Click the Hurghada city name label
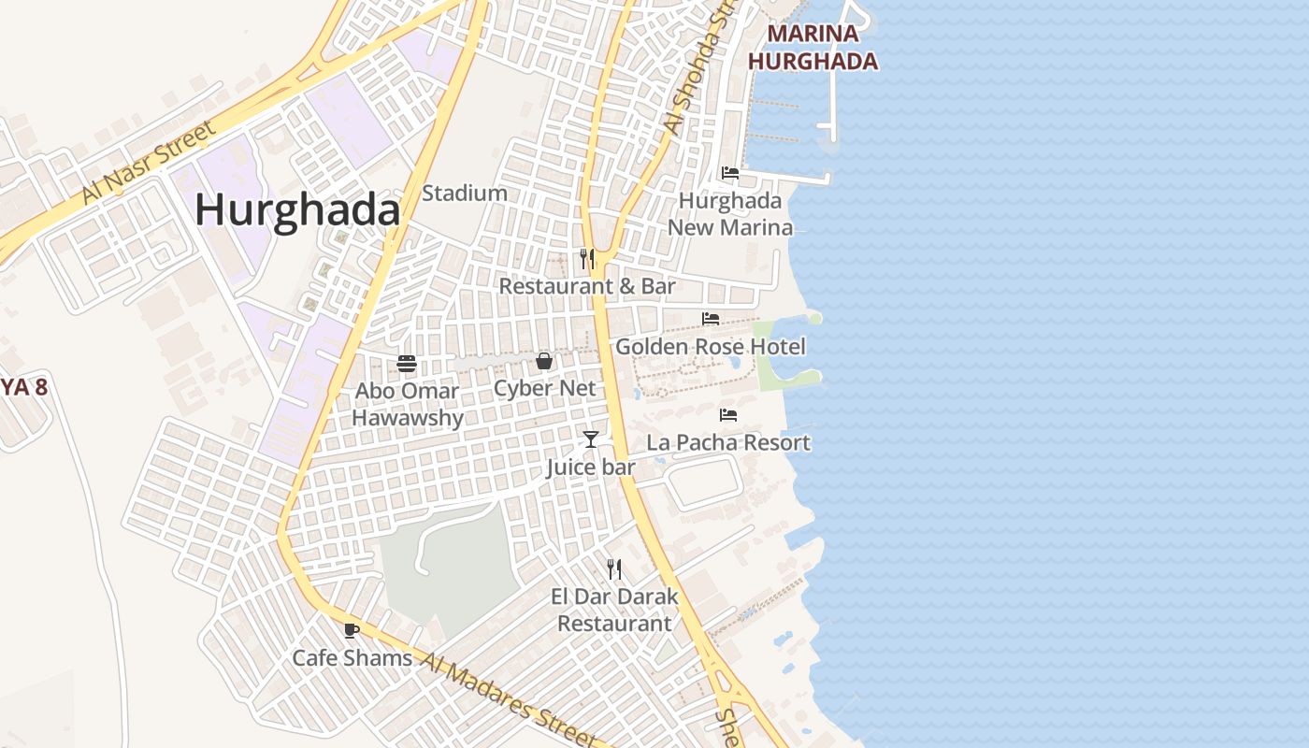click(297, 211)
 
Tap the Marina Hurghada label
click(813, 48)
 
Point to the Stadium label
click(465, 194)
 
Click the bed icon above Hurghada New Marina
click(730, 173)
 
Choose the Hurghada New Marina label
click(730, 214)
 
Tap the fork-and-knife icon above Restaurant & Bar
click(587, 258)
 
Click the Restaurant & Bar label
click(587, 286)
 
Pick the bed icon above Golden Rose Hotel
click(711, 319)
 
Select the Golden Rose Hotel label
click(711, 347)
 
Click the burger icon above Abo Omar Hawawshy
click(407, 363)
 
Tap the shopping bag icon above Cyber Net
click(544, 361)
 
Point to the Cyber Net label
click(544, 388)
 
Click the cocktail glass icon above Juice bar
click(591, 439)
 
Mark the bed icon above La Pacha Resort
click(728, 415)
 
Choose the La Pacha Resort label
click(728, 442)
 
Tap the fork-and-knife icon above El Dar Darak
click(614, 568)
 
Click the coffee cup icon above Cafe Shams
click(352, 631)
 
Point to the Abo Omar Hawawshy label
click(408, 404)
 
